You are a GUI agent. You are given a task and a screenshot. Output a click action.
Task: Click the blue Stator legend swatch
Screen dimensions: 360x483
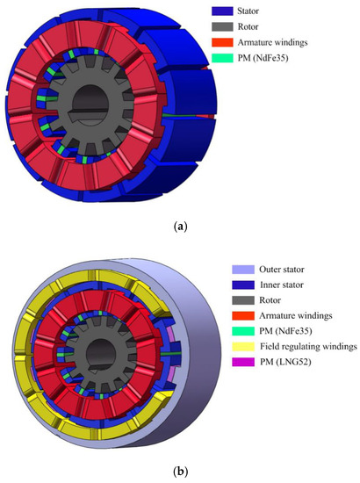(x=222, y=11)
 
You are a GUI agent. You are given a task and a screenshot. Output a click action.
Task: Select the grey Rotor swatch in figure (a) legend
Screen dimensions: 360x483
(x=222, y=27)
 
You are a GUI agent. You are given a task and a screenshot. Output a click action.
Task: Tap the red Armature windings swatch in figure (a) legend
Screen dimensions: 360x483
(x=222, y=42)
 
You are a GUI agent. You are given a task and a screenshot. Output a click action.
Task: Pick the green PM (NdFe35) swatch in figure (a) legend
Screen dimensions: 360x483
(x=222, y=58)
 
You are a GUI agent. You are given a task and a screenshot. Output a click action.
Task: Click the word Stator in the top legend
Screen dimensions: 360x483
(x=248, y=11)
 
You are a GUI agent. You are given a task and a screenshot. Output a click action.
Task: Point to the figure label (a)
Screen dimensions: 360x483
(x=181, y=227)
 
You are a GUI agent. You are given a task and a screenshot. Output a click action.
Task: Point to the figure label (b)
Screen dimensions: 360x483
(x=181, y=471)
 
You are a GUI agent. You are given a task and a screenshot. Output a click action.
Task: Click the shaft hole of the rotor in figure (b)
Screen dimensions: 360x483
(x=100, y=355)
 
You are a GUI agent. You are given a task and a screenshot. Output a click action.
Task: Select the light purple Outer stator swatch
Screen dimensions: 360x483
(x=243, y=270)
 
